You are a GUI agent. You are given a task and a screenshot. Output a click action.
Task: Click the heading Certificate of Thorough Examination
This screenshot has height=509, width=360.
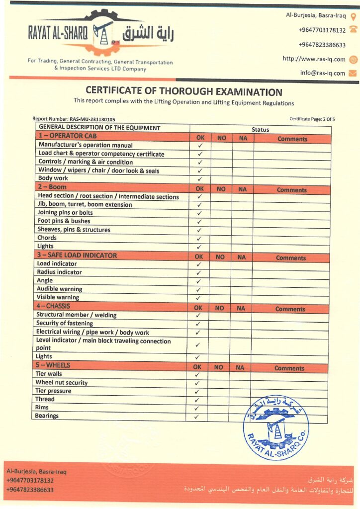[x=184, y=91]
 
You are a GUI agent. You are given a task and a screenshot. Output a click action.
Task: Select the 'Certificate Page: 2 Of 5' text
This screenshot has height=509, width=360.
[x=312, y=119]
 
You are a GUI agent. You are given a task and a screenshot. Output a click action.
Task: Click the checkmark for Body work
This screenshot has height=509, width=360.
[x=200, y=179]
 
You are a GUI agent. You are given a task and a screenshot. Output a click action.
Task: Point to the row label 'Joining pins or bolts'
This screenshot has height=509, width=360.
[x=65, y=213]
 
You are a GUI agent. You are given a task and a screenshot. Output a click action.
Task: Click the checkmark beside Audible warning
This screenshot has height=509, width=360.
[x=198, y=289]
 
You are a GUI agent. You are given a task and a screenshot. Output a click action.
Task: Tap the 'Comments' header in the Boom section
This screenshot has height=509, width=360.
[x=292, y=190]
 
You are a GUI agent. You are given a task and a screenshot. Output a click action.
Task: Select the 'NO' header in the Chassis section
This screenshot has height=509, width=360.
[x=219, y=308]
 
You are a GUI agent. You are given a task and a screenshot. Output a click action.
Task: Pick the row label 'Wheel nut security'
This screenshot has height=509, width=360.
[x=62, y=383]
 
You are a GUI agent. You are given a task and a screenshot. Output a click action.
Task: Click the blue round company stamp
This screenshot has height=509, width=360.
[x=276, y=426]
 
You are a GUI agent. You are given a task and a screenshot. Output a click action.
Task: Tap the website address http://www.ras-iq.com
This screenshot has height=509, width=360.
[x=314, y=59]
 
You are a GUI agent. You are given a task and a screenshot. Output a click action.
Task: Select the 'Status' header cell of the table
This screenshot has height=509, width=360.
[x=260, y=129]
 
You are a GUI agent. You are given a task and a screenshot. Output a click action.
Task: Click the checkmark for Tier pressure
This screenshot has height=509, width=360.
[x=197, y=392]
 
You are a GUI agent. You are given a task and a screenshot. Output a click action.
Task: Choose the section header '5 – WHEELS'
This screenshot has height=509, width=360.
[x=52, y=365]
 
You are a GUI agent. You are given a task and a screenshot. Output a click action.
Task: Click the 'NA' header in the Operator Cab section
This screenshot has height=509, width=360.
[x=243, y=139]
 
